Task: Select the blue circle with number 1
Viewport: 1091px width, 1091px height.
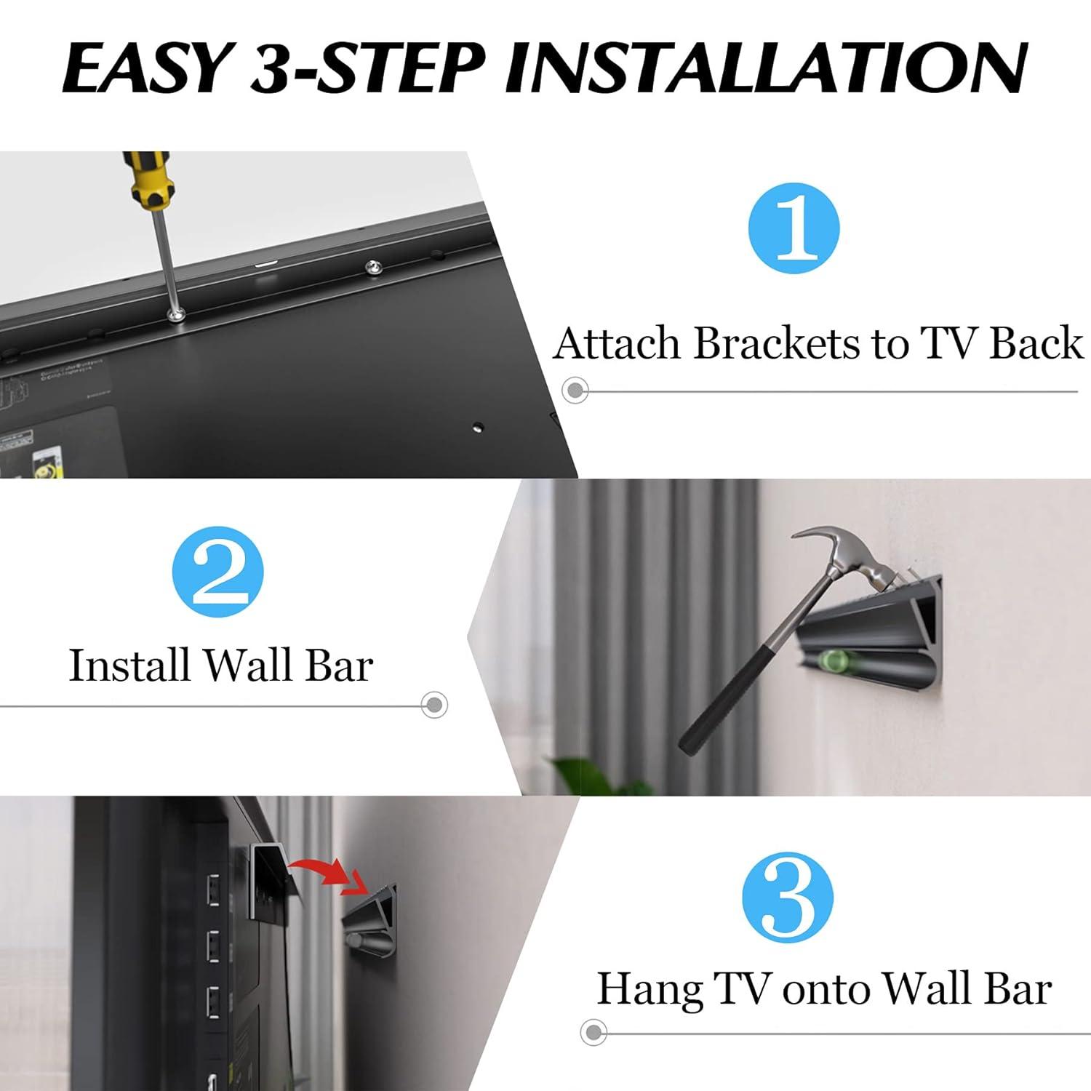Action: pos(794,228)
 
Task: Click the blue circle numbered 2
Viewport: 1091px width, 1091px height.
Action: pos(217,572)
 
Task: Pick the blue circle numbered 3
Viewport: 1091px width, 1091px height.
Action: pos(788,898)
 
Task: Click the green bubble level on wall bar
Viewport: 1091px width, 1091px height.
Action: pos(831,660)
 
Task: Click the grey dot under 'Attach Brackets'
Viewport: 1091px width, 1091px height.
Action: pos(575,391)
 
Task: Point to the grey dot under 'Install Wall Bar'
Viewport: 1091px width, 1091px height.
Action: pos(434,704)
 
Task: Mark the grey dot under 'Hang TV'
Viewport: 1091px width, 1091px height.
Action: pos(594,1031)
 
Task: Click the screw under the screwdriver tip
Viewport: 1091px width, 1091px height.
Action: pos(175,314)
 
